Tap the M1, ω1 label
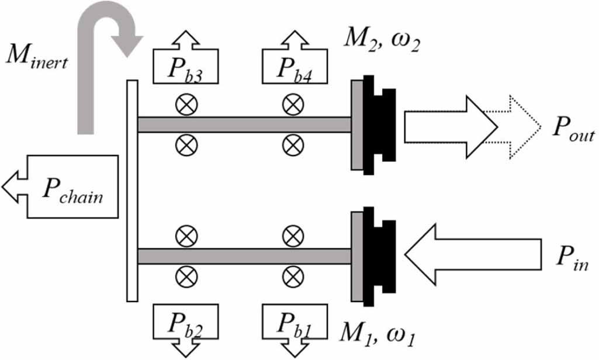point(378,337)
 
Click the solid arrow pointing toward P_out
point(450,127)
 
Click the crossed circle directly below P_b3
point(186,105)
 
